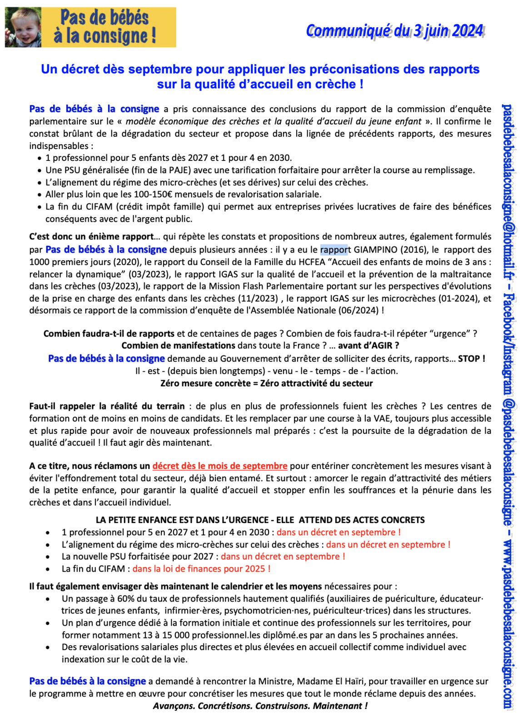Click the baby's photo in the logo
coord(23,27)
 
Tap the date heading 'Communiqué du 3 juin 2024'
coord(394,31)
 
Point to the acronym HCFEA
coord(310,262)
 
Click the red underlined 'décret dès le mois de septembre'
coord(220,466)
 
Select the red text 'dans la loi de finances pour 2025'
coord(201,568)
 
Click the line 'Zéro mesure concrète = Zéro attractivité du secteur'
coord(266,383)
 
